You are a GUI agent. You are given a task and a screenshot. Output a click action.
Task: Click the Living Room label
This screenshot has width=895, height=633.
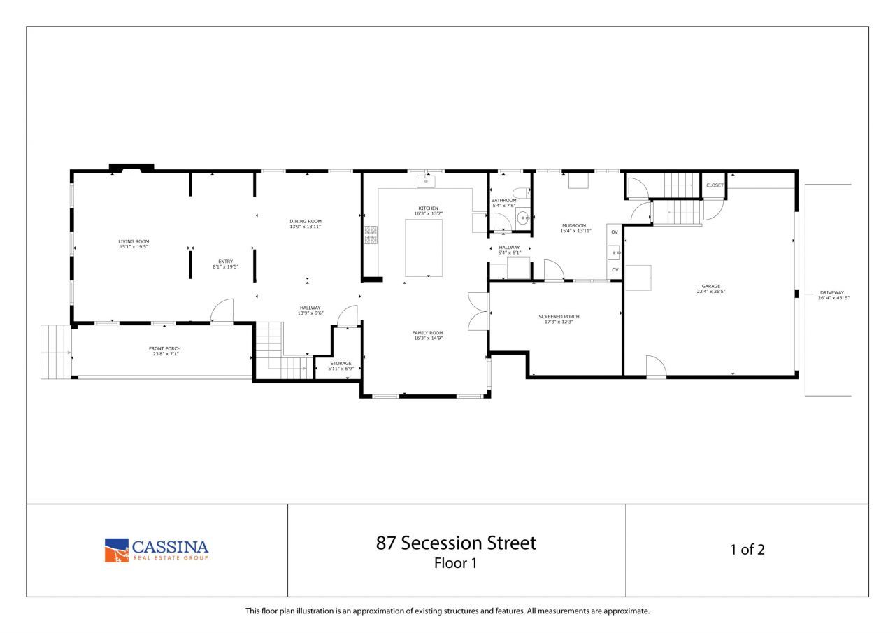134,241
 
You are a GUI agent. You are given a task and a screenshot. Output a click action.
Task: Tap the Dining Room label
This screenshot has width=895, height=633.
306,221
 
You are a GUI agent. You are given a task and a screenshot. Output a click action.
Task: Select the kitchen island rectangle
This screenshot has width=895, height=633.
424,248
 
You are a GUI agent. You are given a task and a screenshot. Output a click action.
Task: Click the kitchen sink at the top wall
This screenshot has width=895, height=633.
426,181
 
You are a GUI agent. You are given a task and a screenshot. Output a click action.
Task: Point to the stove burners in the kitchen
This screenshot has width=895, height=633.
371,235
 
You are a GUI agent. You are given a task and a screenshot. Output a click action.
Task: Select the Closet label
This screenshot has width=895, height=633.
715,185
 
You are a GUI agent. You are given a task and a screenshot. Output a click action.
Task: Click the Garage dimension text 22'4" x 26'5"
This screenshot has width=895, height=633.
710,292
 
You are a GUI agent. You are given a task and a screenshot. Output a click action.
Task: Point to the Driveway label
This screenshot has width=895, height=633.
833,292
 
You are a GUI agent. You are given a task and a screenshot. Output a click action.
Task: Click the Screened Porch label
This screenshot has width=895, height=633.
559,317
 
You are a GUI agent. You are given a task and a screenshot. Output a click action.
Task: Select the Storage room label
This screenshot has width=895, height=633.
341,363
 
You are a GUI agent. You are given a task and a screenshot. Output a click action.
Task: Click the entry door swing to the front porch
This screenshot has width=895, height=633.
221,311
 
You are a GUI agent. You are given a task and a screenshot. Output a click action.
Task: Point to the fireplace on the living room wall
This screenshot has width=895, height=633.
132,168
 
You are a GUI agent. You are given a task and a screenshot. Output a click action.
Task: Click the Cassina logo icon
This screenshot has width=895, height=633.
117,550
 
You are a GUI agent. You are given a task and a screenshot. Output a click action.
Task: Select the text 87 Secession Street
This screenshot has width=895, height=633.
456,543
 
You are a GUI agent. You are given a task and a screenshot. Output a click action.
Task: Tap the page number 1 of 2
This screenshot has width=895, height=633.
747,550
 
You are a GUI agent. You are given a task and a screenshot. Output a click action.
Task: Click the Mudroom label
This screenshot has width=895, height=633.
573,225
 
